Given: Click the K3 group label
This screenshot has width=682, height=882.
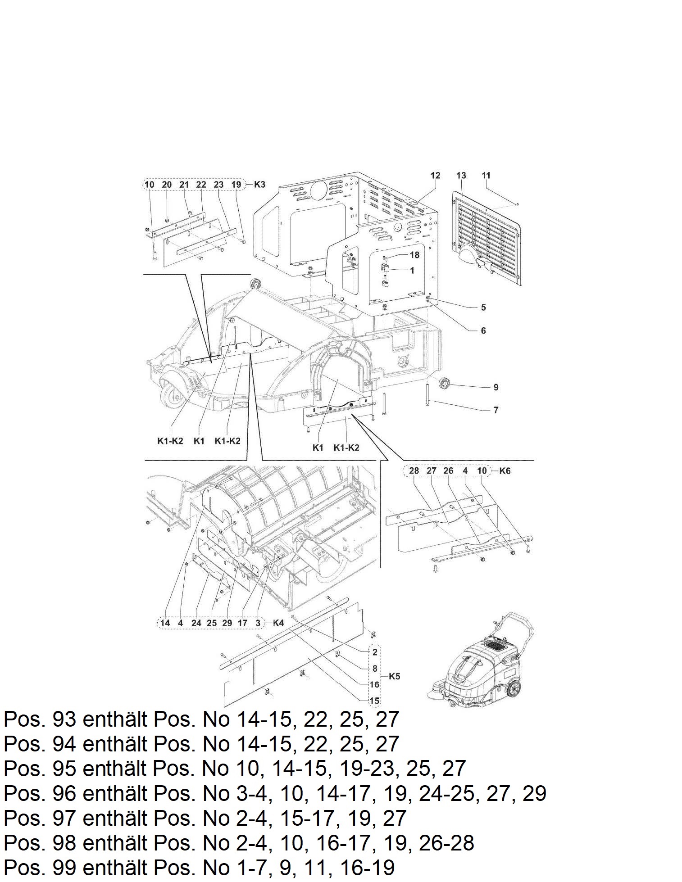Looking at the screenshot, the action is (x=260, y=184).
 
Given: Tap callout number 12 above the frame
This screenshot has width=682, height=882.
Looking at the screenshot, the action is (x=435, y=176).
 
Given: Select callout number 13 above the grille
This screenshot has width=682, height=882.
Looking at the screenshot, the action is (x=461, y=176).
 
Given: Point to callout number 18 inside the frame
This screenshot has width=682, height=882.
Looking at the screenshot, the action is (x=414, y=255).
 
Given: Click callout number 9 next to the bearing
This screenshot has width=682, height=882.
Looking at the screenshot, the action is (x=496, y=387).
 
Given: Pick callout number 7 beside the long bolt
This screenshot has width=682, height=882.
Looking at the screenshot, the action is (x=496, y=410).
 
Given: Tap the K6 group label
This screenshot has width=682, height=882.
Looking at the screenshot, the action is (x=505, y=471).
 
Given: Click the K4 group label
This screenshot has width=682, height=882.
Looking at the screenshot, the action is (x=278, y=623).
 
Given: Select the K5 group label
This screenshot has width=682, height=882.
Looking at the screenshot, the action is (x=394, y=676).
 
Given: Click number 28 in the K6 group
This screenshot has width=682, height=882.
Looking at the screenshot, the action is (x=414, y=471).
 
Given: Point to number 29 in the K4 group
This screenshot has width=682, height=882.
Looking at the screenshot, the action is (x=227, y=623).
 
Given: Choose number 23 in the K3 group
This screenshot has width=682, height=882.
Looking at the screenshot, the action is (x=218, y=184).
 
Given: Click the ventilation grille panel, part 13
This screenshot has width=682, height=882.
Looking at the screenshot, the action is (x=487, y=238).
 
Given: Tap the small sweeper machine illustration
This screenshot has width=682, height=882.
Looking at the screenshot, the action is (x=480, y=660).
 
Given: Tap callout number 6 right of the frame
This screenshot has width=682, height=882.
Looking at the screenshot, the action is (x=483, y=331).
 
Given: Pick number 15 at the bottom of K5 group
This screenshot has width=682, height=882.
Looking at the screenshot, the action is (x=374, y=701).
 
